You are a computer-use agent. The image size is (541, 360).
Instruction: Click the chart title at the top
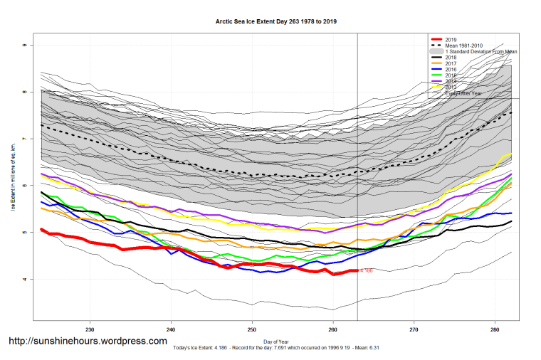(276, 22)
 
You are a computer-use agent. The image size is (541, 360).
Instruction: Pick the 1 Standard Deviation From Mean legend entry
(480, 52)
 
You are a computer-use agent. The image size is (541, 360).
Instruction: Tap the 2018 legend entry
(450, 58)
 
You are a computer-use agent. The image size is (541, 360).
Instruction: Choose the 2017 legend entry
(450, 64)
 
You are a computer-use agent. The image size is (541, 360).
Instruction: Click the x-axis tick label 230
(90, 329)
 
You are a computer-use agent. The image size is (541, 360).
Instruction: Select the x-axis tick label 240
(171, 329)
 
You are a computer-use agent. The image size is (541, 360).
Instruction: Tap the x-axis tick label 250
(252, 329)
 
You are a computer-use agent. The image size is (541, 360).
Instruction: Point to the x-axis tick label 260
(333, 329)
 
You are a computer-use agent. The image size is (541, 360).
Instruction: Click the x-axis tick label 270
(414, 329)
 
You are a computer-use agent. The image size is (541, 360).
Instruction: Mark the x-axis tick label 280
(495, 329)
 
